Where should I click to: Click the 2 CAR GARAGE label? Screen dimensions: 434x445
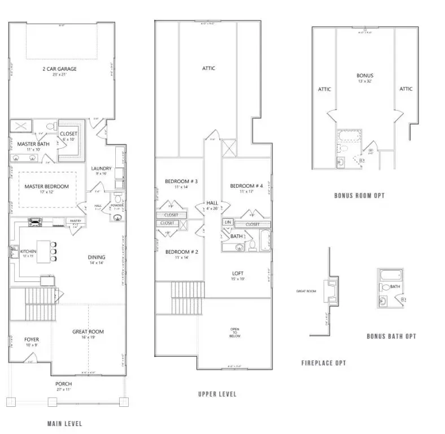tap(59, 69)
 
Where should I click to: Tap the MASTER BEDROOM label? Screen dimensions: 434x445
tap(46, 186)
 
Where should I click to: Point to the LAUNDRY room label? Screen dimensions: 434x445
tap(102, 168)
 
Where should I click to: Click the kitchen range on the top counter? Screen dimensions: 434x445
tap(35, 222)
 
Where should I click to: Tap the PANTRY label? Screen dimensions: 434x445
tap(75, 221)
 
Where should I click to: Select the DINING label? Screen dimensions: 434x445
tap(96, 257)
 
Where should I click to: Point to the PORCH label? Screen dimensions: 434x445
tap(63, 384)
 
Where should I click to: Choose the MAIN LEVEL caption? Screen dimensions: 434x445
tap(64, 423)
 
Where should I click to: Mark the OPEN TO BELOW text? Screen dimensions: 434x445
tap(234, 332)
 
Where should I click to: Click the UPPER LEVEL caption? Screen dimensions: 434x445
tap(217, 394)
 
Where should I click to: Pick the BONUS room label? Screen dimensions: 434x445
tap(365, 75)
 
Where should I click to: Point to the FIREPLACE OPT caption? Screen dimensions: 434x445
tap(323, 363)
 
